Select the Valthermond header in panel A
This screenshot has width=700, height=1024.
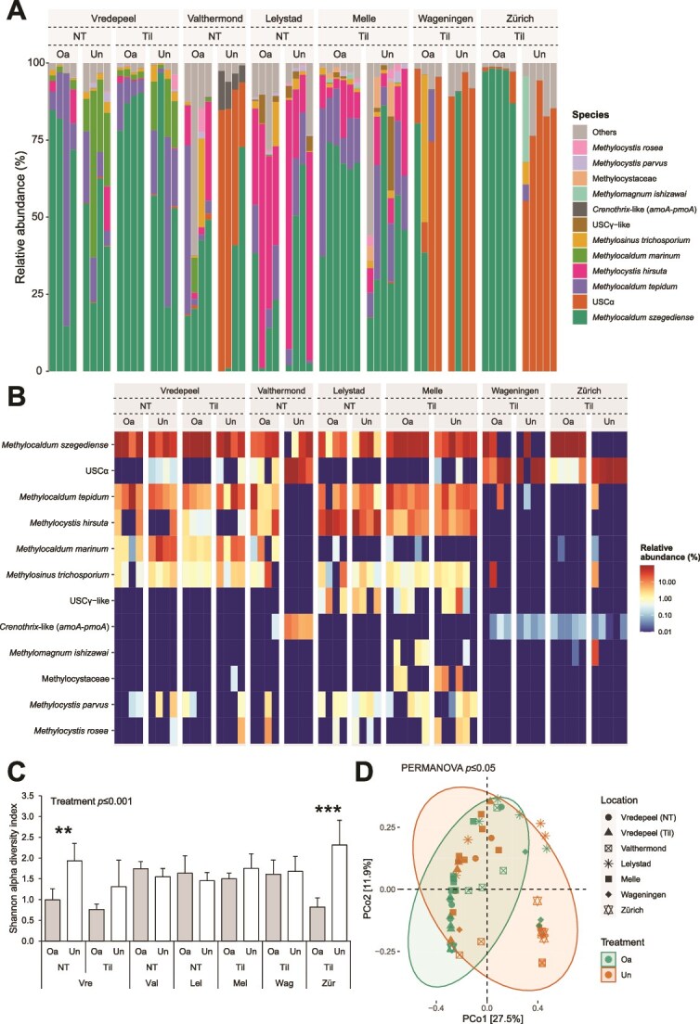pyautogui.click(x=215, y=17)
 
